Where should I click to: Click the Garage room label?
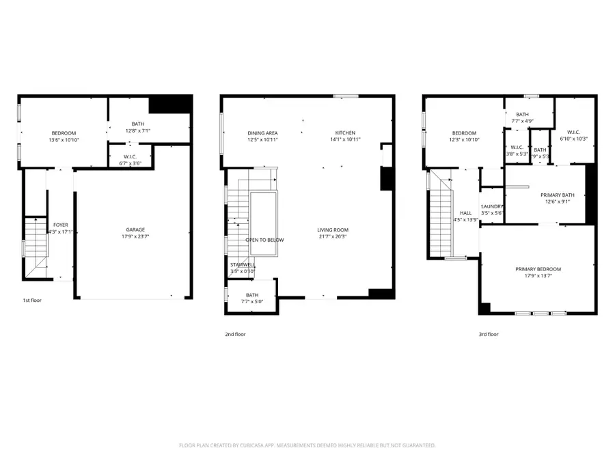(135, 229)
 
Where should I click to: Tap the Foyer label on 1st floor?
(60, 225)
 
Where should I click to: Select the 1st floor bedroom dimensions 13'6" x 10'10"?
(64, 139)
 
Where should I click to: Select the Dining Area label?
(262, 132)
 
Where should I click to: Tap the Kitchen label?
(345, 132)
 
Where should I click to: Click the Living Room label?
(333, 229)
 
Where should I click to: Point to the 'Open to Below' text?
(264, 240)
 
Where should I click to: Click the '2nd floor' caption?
(234, 334)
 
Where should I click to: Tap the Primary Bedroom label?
(538, 269)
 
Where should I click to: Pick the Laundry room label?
(492, 206)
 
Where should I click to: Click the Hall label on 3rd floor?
(465, 213)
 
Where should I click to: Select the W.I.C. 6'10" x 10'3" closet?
(573, 132)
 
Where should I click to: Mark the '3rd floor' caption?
(488, 334)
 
